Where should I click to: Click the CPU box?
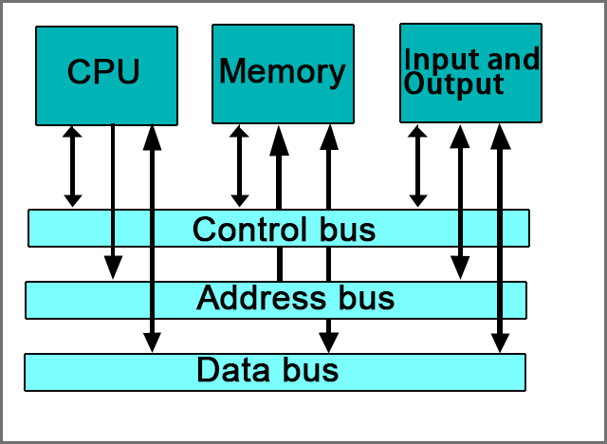tap(106, 75)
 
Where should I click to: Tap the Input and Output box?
tap(470, 73)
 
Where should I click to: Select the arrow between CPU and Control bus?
tap(73, 166)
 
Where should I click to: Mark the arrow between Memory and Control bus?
tap(240, 166)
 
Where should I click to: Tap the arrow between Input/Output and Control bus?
tap(417, 166)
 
